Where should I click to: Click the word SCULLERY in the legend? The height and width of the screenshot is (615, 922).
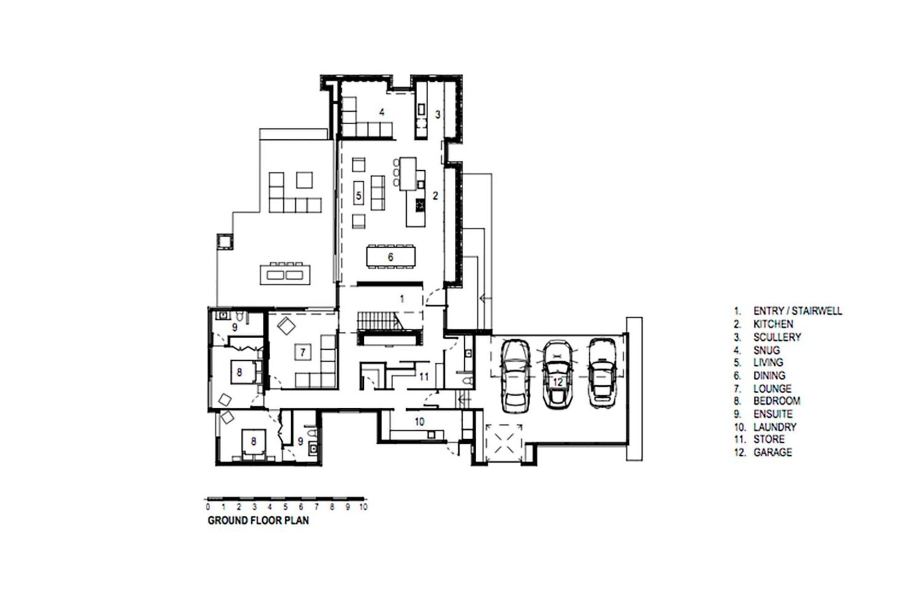pos(777,337)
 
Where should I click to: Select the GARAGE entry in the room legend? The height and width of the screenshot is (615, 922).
pos(773,453)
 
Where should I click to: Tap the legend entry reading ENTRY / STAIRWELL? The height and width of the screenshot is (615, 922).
pos(798,311)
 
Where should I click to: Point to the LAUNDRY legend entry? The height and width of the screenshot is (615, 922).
pos(775,427)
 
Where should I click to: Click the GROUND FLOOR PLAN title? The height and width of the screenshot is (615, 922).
pos(258,520)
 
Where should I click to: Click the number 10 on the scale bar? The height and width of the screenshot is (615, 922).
pos(363,507)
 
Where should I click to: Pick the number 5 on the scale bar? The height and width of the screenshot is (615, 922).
pos(285,507)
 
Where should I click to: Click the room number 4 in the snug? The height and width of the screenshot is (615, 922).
pos(382,112)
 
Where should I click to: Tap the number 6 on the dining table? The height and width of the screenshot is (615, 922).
pos(390,257)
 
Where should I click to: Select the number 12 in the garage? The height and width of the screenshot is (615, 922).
pos(558,382)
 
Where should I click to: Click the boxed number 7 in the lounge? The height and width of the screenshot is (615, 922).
pos(303,353)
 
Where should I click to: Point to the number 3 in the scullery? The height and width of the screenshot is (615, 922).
pos(438,114)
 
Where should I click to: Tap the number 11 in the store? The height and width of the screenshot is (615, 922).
pos(424,377)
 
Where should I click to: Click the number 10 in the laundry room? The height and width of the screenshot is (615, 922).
pos(419,422)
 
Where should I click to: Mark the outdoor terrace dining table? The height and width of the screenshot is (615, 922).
pos(284,275)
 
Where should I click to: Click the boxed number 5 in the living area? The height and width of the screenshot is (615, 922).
pos(359,196)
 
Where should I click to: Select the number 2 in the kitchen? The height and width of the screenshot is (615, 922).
pos(435,196)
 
